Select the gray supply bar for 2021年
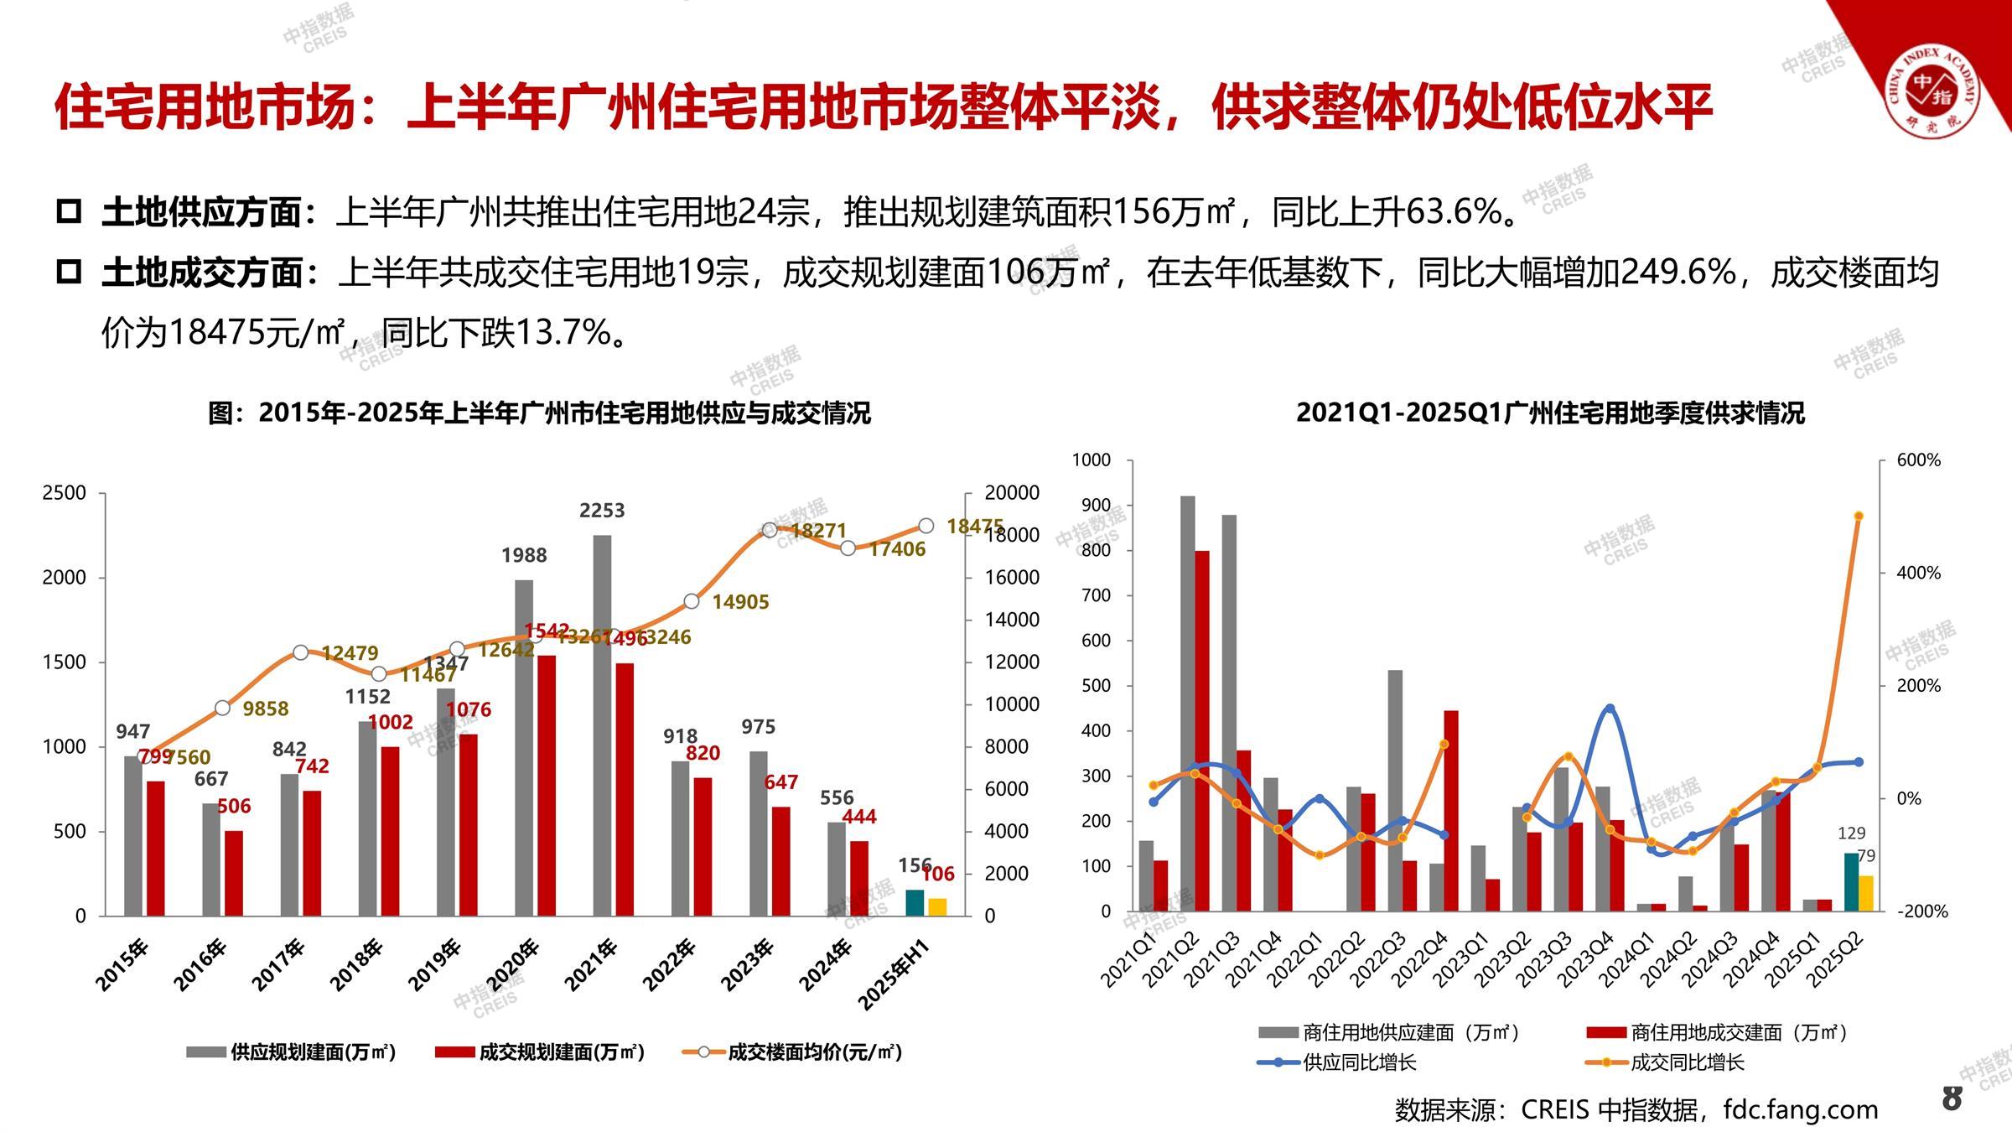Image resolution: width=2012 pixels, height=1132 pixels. tap(602, 725)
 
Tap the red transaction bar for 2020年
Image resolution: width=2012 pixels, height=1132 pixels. tap(547, 786)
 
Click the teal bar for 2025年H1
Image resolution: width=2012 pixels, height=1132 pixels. tap(915, 903)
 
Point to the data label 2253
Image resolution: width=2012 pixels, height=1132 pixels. tap(602, 510)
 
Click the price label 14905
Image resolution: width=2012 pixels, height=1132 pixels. tap(740, 602)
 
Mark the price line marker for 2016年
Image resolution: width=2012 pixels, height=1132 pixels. tap(222, 709)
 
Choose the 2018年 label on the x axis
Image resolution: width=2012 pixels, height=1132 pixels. tap(357, 965)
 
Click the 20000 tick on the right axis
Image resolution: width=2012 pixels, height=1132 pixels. tap(1012, 493)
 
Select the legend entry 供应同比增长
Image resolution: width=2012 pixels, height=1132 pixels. tap(1358, 1063)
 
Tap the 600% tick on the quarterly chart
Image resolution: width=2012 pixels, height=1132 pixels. tap(1919, 460)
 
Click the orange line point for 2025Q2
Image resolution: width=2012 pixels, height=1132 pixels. tap(1859, 517)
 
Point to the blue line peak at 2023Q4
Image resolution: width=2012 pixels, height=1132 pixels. tap(1610, 709)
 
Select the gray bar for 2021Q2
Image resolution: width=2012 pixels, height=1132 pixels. tap(1187, 703)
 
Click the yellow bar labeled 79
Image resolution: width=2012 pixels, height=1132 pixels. tap(1866, 893)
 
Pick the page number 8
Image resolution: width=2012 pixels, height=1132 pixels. tap(1952, 1098)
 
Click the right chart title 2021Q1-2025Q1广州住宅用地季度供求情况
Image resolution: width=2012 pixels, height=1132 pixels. tap(1550, 413)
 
